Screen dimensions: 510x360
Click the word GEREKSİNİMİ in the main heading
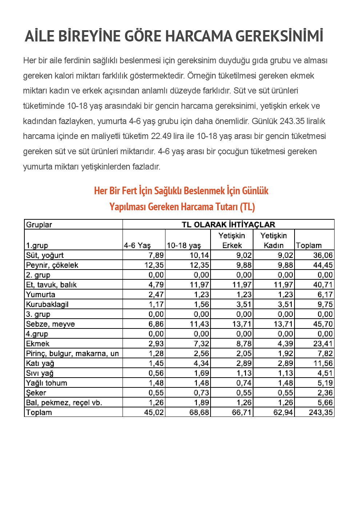(279, 36)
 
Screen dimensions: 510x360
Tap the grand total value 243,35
(321, 412)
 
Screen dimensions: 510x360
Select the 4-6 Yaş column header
(137, 246)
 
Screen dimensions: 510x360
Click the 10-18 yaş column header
(184, 246)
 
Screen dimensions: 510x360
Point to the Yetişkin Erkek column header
(232, 240)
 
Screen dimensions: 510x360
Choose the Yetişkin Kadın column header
(273, 240)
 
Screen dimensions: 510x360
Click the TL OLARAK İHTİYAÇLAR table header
(228, 224)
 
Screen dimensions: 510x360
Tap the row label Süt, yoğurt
(45, 255)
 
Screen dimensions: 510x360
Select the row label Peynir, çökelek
(52, 265)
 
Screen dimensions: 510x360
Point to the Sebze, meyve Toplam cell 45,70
(323, 324)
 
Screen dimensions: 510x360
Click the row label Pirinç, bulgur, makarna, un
(72, 354)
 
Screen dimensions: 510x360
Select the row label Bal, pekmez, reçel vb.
(64, 403)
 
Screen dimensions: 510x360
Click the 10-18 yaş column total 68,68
(199, 413)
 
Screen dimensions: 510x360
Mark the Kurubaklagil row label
(47, 304)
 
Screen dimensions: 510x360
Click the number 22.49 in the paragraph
(161, 136)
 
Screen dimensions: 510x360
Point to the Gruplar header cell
(39, 225)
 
